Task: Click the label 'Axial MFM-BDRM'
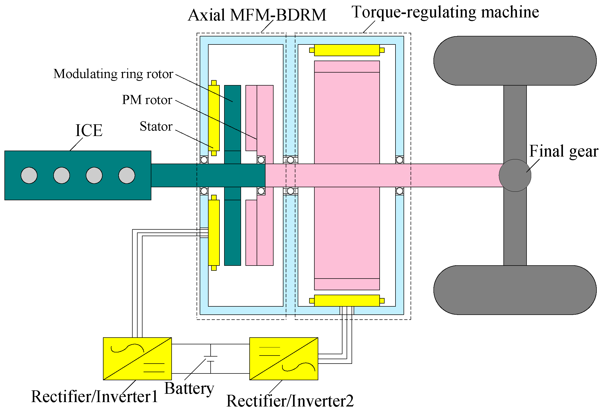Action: click(257, 15)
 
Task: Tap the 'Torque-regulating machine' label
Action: click(445, 12)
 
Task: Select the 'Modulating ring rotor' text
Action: click(113, 74)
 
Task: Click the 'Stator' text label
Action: click(156, 127)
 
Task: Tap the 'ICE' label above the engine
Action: click(89, 131)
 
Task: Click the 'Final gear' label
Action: click(564, 151)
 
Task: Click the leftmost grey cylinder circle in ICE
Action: click(29, 176)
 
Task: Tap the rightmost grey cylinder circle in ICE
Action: click(127, 176)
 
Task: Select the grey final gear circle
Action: click(515, 176)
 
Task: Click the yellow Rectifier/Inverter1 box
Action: click(137, 359)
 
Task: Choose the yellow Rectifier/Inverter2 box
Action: click(284, 359)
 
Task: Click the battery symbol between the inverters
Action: click(211, 359)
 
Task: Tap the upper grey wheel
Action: click(515, 61)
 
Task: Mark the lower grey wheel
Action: click(515, 290)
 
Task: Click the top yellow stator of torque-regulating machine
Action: click(347, 50)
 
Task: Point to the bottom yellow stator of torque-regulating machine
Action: click(347, 301)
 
